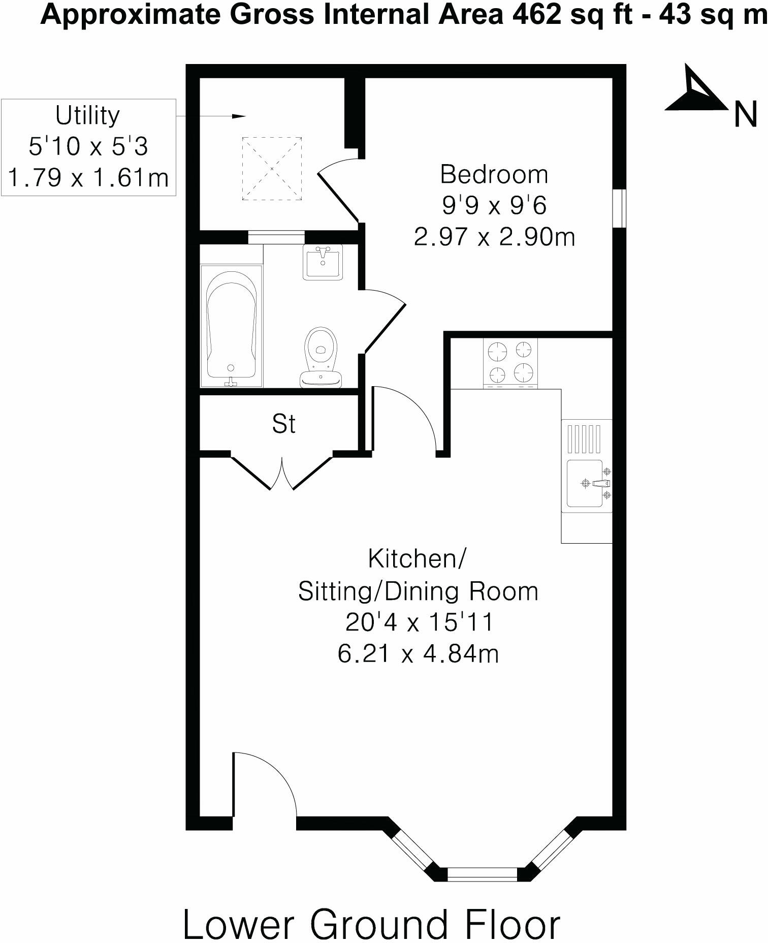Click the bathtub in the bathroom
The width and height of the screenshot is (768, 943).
pos(231,325)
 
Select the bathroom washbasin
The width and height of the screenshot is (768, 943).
pos(323,261)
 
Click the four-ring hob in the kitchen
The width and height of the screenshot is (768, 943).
pos(510,362)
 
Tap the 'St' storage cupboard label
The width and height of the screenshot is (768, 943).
pos(283,424)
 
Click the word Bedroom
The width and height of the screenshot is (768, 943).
pos(494,175)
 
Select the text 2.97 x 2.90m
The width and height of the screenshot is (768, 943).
pos(494,237)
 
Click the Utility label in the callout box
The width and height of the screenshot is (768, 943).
pos(87,116)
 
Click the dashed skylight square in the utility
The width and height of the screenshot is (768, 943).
pos(272,169)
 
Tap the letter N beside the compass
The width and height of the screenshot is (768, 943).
pos(745,115)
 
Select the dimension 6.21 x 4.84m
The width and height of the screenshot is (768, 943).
pos(418,653)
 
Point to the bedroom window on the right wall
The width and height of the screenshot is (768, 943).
pos(619,208)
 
